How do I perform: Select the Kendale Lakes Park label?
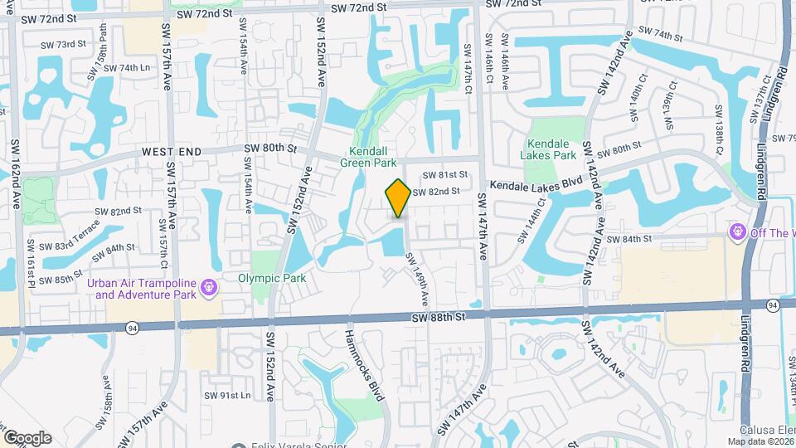pyautogui.click(x=548, y=149)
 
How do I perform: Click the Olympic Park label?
pyautogui.click(x=272, y=278)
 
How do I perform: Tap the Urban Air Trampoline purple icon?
pyautogui.click(x=209, y=288)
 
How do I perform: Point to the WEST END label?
pyautogui.click(x=172, y=152)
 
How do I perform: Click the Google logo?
pyautogui.click(x=27, y=437)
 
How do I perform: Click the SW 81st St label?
pyautogui.click(x=445, y=175)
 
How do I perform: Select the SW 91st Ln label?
pyautogui.click(x=229, y=395)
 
